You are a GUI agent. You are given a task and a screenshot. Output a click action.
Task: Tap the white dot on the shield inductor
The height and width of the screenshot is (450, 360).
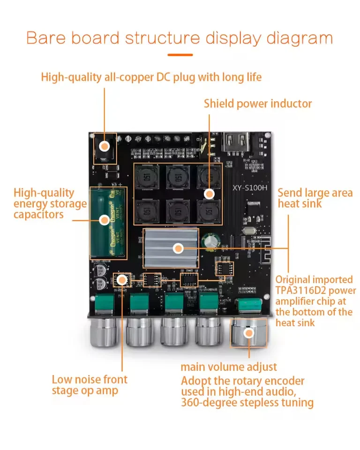(x=209, y=193)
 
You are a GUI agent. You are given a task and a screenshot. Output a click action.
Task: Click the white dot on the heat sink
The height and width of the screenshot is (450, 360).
(x=178, y=248)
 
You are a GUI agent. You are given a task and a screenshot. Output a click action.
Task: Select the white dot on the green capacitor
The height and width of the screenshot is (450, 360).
(x=104, y=220)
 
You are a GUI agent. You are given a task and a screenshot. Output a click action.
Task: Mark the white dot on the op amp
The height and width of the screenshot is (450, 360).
(x=122, y=280)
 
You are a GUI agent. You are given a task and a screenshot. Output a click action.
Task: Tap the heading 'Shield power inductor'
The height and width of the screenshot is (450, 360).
(x=257, y=104)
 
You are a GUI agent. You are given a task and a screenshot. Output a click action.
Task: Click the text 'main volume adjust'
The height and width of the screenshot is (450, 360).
(x=229, y=367)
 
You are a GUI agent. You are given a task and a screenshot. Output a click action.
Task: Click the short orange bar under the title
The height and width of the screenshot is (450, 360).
(x=180, y=55)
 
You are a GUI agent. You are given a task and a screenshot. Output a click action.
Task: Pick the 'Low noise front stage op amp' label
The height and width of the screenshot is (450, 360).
(x=89, y=385)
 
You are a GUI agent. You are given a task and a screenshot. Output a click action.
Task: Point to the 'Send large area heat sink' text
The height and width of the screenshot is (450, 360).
(x=315, y=198)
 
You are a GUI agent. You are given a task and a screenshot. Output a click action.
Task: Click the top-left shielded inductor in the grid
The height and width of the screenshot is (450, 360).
(x=147, y=177)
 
